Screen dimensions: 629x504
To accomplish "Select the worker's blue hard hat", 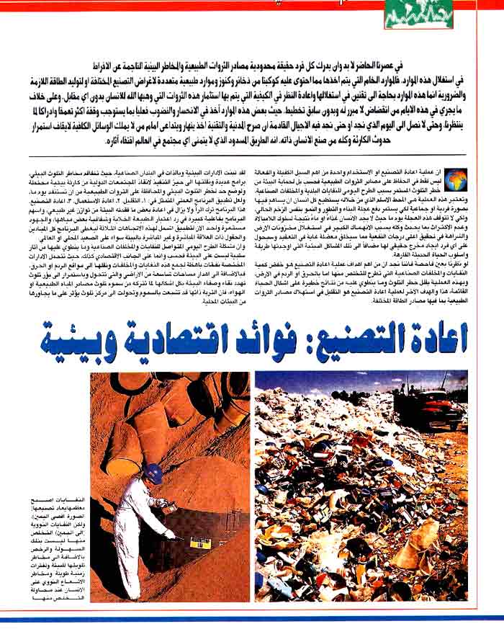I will point(153,473).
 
